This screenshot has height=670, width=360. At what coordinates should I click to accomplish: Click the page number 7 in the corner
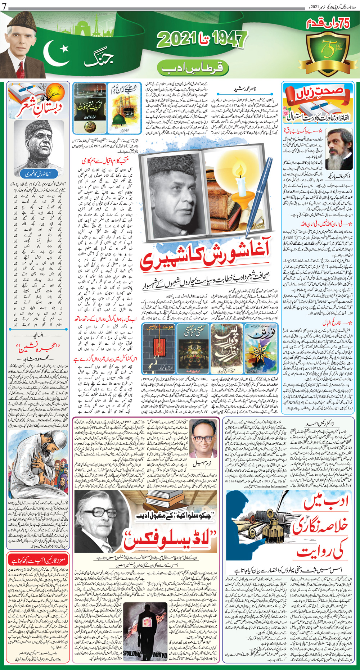[x=3, y=6]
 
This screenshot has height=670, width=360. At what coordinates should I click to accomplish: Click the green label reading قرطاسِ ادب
[x=192, y=67]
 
